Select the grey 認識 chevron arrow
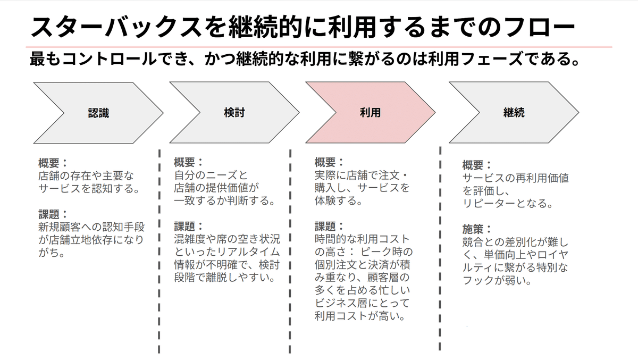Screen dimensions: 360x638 98,113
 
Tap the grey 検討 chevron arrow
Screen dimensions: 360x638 234,113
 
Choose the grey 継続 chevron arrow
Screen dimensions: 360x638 513,113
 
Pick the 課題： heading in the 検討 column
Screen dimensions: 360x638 189,225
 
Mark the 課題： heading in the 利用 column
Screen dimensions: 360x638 329,225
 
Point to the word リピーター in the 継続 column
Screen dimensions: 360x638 489,203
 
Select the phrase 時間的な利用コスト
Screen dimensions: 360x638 362,238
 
